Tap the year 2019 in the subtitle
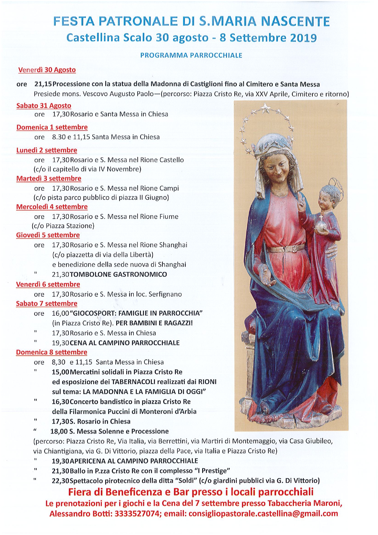(x=303, y=38)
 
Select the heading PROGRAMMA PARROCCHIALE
(x=191, y=55)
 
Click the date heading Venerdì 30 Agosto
(x=47, y=70)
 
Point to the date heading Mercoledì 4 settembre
(x=52, y=207)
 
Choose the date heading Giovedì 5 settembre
(x=48, y=235)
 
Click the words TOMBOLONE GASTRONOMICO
(x=118, y=274)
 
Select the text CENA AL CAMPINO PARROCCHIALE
(x=125, y=343)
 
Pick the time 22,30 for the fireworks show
(x=60, y=481)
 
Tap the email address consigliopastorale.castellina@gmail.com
(x=263, y=514)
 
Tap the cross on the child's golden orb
(x=321, y=218)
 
